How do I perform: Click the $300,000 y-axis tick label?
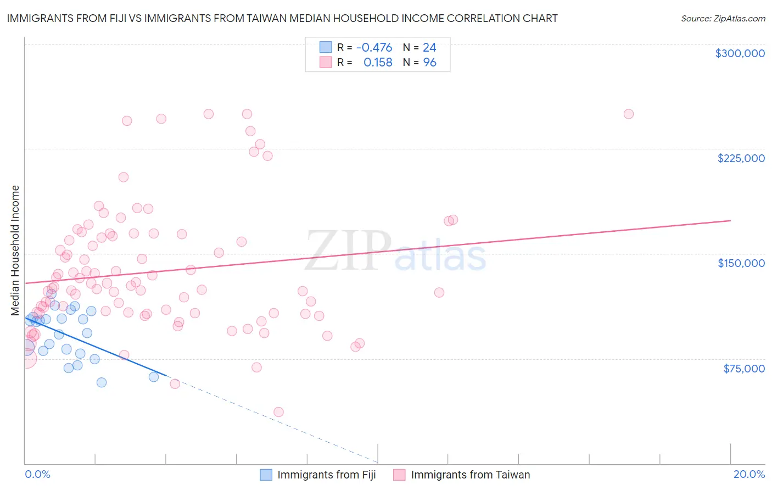pos(740,53)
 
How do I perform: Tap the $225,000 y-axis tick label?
pos(741,158)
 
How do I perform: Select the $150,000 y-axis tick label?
pos(741,263)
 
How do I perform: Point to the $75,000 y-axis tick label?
pos(743,369)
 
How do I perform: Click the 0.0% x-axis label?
pos(37,474)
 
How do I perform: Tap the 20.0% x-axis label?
pos(749,474)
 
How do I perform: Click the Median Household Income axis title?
pos(15,250)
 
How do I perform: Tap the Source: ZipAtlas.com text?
pos(723,18)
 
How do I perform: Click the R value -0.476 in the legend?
pos(374,47)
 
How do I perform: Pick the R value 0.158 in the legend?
pos(378,63)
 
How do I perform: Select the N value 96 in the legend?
pos(429,63)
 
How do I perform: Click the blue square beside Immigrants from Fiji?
pos(266,475)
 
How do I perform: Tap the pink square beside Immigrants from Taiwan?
pos(399,475)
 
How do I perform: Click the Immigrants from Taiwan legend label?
pos(470,475)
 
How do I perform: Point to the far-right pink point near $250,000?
pos(628,114)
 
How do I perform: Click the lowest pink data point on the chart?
pos(278,412)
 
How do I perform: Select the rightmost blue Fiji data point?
pos(154,377)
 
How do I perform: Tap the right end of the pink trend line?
pos(730,220)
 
